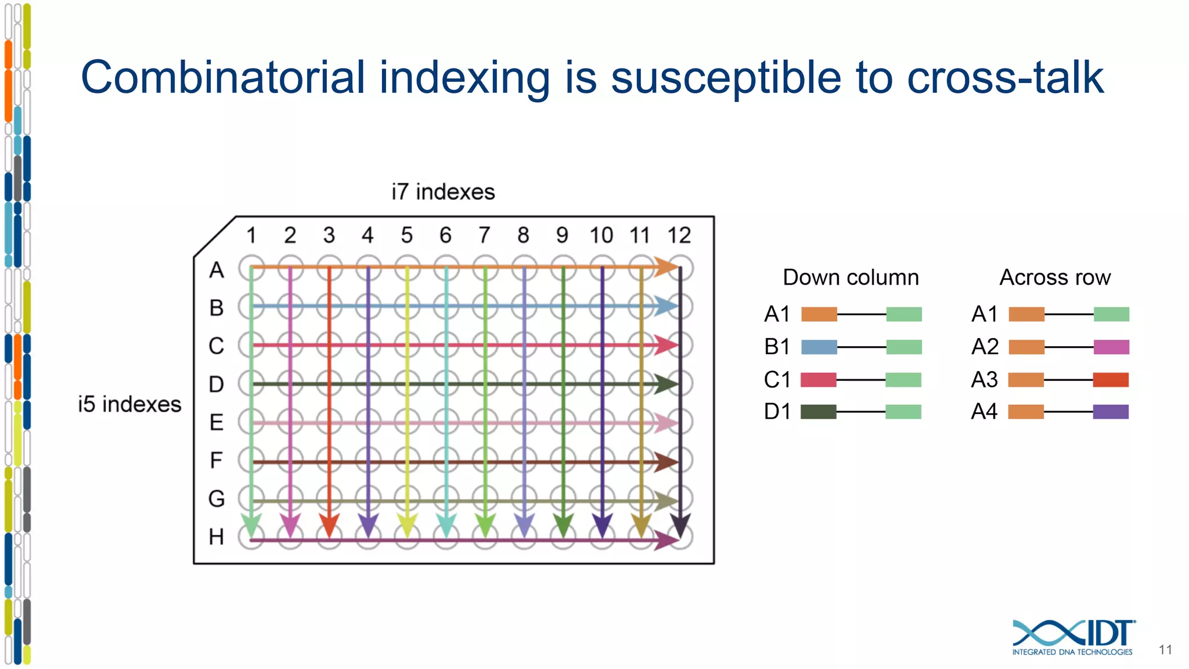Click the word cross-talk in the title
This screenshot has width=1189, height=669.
point(1004,78)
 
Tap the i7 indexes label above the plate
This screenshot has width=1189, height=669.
point(443,192)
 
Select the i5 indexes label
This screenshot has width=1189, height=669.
point(129,404)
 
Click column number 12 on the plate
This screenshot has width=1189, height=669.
point(679,235)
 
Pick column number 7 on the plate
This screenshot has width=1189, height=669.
point(484,235)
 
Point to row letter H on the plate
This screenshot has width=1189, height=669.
point(217,537)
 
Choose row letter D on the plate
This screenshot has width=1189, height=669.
point(217,384)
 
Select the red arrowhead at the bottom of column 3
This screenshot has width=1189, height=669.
point(329,525)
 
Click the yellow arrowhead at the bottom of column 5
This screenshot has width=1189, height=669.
point(407,525)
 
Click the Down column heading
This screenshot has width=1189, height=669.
point(851,278)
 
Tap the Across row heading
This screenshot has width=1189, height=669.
point(1055,278)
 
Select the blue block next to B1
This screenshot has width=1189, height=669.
point(819,347)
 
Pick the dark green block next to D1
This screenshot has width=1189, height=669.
point(819,412)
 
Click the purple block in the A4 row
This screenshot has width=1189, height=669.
point(1111,412)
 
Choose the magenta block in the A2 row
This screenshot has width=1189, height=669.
point(1111,347)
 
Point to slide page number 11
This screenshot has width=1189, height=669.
point(1165,650)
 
